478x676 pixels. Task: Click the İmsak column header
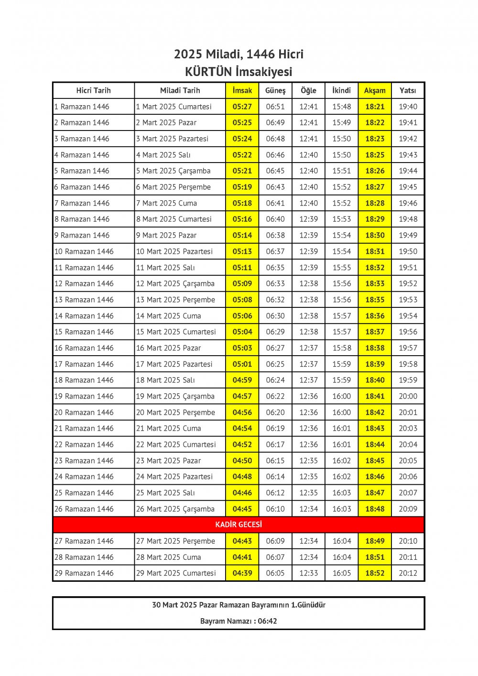pyautogui.click(x=242, y=90)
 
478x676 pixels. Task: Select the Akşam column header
pyautogui.click(x=375, y=90)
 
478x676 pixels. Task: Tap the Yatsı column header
pyautogui.click(x=408, y=90)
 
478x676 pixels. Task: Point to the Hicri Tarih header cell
pyautogui.click(x=93, y=90)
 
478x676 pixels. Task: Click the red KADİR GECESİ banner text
pyautogui.click(x=239, y=524)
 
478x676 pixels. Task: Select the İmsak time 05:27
pyautogui.click(x=242, y=107)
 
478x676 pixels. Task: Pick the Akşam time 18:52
pyautogui.click(x=375, y=573)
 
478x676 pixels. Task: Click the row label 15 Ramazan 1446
pyautogui.click(x=84, y=332)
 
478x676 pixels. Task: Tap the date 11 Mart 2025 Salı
pyautogui.click(x=165, y=268)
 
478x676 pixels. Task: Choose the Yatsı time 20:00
pyautogui.click(x=408, y=396)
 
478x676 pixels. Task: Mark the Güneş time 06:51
pyautogui.click(x=275, y=107)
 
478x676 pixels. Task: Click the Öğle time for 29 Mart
pyautogui.click(x=308, y=573)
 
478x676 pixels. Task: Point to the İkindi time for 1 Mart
pyautogui.click(x=342, y=107)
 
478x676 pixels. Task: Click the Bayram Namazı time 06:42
pyautogui.click(x=267, y=621)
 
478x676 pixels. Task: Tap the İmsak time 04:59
pyautogui.click(x=242, y=380)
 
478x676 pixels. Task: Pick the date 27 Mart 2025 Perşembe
pyautogui.click(x=175, y=541)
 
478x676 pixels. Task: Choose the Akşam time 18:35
pyautogui.click(x=375, y=300)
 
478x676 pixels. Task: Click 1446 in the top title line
pyautogui.click(x=261, y=54)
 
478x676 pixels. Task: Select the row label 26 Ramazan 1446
pyautogui.click(x=84, y=509)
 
